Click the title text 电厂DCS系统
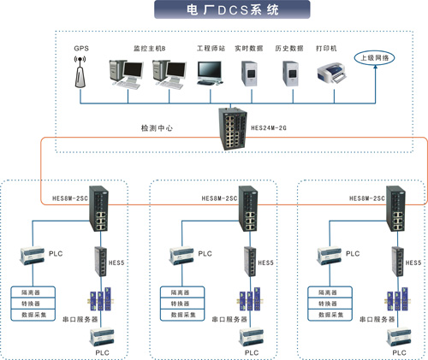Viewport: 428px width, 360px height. click(x=214, y=11)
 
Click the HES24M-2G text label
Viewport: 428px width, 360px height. click(x=270, y=127)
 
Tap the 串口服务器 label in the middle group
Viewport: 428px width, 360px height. click(x=228, y=318)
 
